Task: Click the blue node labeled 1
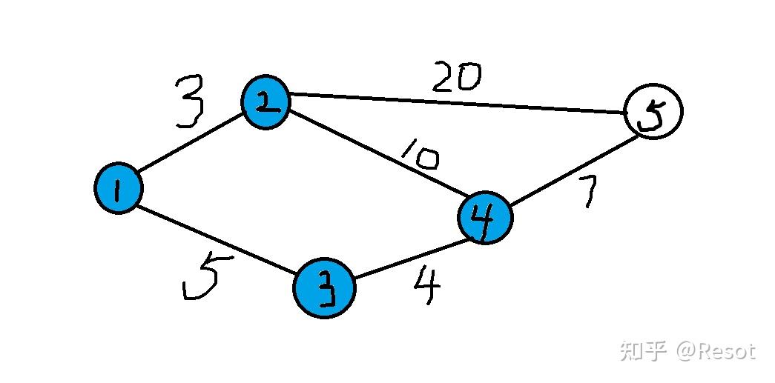[119, 188]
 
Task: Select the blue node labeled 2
[266, 102]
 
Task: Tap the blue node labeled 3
[324, 287]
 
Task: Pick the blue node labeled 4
[485, 218]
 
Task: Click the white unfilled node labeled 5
[653, 111]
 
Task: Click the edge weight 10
[420, 154]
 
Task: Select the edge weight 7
[589, 191]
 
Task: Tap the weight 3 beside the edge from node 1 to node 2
[189, 101]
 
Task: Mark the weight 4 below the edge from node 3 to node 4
[426, 286]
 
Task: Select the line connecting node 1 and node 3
[217, 239]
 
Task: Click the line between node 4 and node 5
[573, 171]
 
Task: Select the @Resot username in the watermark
[716, 351]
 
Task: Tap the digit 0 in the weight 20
[468, 78]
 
